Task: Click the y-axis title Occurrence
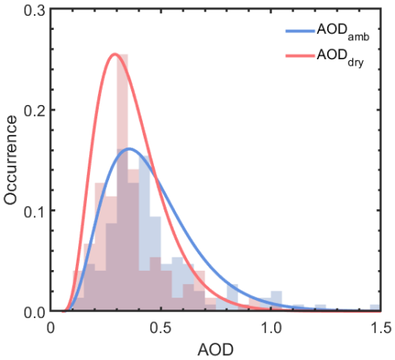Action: (10, 160)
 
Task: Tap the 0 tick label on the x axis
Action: (51, 326)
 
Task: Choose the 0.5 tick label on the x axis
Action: (161, 326)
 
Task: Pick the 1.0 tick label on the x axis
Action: (271, 326)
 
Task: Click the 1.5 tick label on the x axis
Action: (380, 326)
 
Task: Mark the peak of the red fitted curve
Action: (115, 54)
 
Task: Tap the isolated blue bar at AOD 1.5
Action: (375, 309)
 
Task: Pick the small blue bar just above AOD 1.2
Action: (319, 309)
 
